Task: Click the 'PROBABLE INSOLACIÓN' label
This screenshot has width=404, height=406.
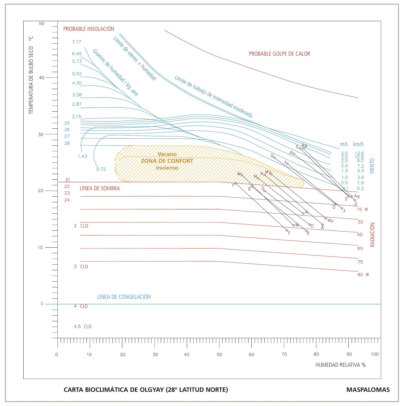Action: coord(89,29)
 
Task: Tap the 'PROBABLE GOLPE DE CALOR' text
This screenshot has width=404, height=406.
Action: coord(279,54)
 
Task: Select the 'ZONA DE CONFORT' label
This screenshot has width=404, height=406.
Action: coord(167,161)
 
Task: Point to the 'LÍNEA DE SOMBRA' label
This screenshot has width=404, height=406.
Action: coord(100,188)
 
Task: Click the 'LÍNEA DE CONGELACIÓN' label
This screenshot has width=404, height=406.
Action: coord(124,297)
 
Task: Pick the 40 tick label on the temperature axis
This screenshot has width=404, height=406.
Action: coord(41,78)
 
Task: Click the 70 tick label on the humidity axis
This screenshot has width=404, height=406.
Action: coord(284,354)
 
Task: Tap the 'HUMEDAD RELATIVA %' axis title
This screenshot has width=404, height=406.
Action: coord(340,365)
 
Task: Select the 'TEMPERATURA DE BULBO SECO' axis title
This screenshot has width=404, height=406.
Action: coord(31,80)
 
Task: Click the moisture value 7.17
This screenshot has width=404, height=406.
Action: coord(76,42)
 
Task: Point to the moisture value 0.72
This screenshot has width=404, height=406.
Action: coord(101,169)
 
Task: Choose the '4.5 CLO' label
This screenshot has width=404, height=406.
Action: coord(82,327)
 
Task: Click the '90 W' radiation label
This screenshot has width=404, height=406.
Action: coord(363,275)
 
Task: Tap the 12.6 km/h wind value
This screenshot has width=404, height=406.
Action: coord(359,153)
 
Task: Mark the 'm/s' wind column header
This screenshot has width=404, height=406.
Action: coord(344,144)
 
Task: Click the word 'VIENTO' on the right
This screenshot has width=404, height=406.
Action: coord(372,166)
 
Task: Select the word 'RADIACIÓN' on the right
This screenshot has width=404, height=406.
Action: coord(372,235)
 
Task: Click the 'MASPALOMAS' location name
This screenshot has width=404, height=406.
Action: coord(368,390)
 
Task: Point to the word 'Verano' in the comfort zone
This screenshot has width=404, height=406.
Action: coord(167,154)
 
